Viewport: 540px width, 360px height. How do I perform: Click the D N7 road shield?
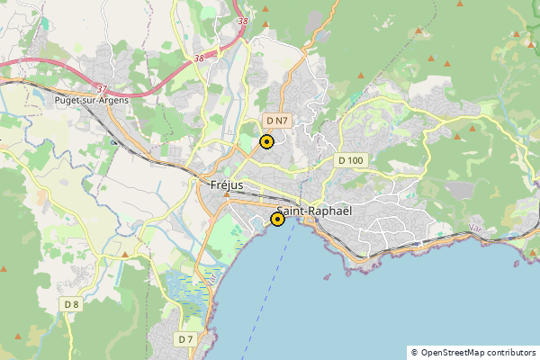276,120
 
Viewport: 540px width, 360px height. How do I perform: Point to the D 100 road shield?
350,160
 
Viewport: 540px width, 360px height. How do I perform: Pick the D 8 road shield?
72,305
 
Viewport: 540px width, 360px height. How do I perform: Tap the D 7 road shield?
185,339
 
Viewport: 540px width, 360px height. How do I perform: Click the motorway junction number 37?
102,89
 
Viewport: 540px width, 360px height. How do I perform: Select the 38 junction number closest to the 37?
197,58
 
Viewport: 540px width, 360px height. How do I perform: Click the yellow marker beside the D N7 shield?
266,141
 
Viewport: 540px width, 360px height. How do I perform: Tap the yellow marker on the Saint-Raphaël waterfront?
278,219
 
